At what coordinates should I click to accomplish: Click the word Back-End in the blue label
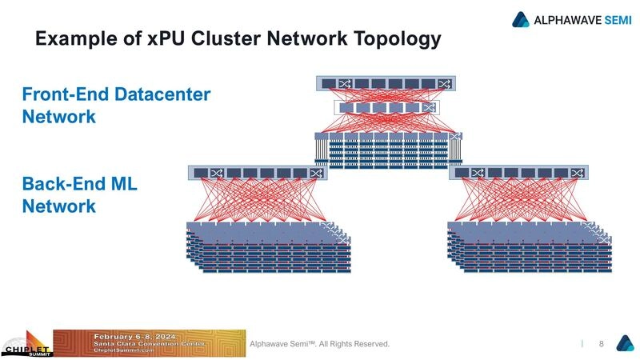pos(60,185)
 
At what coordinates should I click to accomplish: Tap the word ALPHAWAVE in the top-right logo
pos(563,19)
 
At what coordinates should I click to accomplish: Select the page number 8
pos(600,344)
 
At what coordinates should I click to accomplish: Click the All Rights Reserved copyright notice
pos(320,344)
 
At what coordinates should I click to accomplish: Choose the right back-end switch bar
pos(518,173)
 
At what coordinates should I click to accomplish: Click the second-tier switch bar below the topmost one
pos(386,108)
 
